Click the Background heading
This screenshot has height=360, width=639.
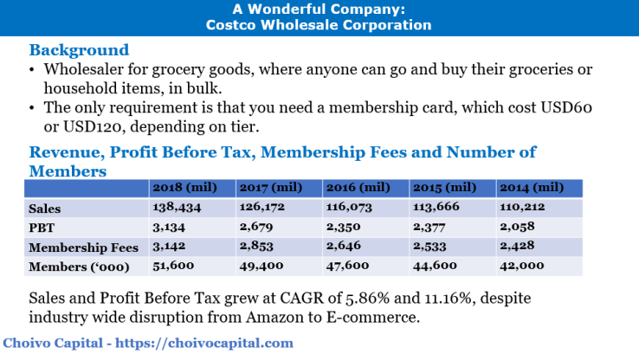79,50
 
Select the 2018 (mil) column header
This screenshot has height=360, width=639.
184,187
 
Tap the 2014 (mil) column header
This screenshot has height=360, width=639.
531,187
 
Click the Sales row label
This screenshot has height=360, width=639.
45,209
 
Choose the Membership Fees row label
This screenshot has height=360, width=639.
85,247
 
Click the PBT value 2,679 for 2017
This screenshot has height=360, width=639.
256,228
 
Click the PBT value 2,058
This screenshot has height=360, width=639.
517,228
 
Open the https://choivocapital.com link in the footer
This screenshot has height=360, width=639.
208,344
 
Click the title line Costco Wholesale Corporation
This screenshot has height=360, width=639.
319,25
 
